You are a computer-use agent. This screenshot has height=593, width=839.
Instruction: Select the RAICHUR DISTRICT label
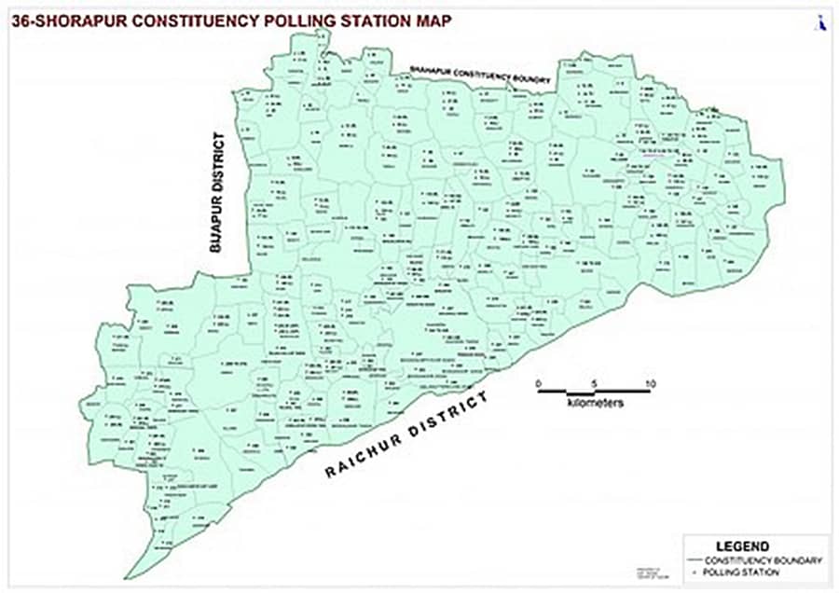click(x=406, y=434)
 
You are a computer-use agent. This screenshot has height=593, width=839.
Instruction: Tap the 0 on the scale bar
click(x=538, y=383)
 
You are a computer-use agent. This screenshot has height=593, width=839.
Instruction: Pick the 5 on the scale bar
click(x=594, y=383)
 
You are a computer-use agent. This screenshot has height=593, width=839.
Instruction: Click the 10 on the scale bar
click(x=649, y=383)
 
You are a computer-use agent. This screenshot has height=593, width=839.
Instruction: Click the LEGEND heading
click(x=742, y=545)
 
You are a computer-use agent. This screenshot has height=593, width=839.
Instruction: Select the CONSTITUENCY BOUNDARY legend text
click(x=763, y=559)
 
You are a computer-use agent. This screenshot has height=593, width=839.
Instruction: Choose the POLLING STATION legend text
click(x=743, y=572)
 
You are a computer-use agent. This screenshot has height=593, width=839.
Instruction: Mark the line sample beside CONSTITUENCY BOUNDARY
click(x=695, y=560)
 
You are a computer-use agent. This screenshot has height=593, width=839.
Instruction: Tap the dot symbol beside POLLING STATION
click(x=695, y=572)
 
